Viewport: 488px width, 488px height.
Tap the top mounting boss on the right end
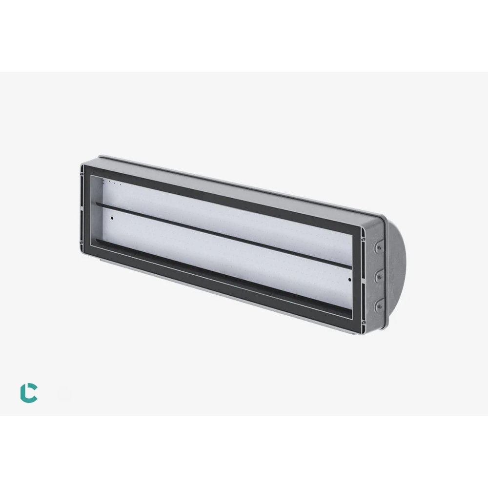click(x=377, y=248)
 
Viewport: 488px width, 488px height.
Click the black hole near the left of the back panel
click(x=111, y=218)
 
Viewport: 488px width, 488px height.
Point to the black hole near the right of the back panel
click(x=349, y=280)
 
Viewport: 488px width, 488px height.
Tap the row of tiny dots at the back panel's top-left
click(x=113, y=184)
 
